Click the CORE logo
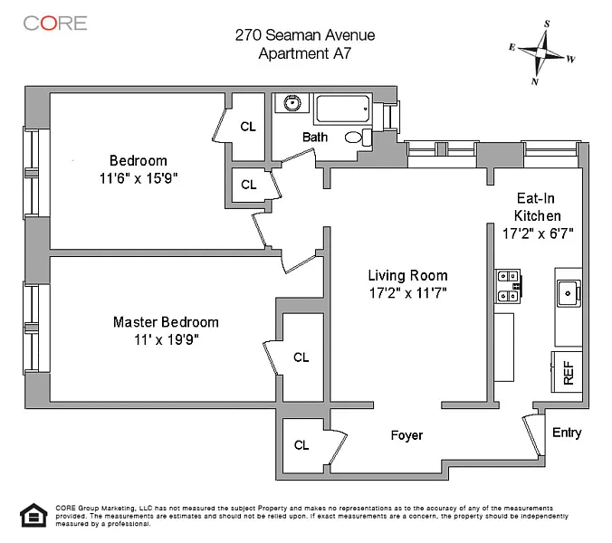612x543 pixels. point(55,23)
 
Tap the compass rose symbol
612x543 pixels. point(541,52)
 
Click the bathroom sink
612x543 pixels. point(292,103)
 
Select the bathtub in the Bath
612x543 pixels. point(342,108)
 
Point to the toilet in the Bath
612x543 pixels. point(359,138)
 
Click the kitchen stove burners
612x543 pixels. point(508,286)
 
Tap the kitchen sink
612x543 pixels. point(569,293)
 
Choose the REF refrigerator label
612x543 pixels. point(569,372)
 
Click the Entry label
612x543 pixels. point(567,433)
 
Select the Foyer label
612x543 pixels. point(406,435)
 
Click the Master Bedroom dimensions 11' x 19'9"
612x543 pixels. point(167,339)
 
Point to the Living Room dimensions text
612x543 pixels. point(408,292)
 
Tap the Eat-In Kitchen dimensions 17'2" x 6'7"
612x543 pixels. point(538,233)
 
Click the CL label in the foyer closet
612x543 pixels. point(301,444)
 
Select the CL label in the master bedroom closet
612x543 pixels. point(301,357)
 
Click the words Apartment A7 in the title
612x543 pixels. point(305,53)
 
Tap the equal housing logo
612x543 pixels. point(34,515)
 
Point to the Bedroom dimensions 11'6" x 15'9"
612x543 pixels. point(139,178)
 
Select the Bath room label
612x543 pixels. point(315,137)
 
